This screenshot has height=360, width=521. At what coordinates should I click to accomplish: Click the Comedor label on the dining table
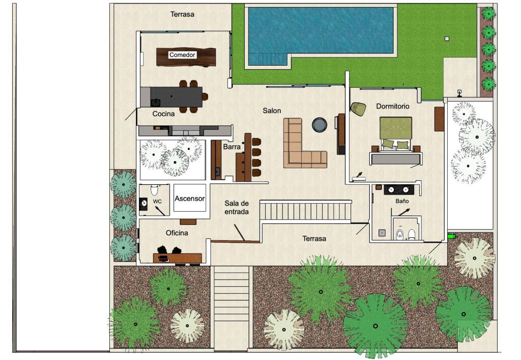point(182,55)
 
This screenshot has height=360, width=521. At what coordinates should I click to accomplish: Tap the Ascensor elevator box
point(190,198)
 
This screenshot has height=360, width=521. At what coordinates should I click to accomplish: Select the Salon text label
point(272,110)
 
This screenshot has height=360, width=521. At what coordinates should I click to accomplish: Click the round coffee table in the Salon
point(320,125)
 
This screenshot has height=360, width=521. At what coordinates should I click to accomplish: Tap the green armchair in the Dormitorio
point(358,109)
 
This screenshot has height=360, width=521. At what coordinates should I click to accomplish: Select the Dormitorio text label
point(392,106)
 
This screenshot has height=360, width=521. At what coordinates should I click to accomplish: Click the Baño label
point(402,201)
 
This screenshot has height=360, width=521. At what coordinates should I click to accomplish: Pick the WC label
point(157,202)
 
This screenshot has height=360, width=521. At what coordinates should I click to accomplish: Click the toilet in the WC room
point(154,190)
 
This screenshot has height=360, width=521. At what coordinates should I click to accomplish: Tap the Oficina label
point(177,233)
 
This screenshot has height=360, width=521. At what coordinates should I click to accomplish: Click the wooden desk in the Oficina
point(178,258)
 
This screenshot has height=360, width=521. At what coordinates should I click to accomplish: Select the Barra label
point(231,147)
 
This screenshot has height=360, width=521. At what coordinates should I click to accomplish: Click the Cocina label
point(163,114)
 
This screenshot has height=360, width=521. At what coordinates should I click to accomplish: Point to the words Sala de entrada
point(237,207)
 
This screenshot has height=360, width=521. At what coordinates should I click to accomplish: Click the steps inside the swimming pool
point(268,59)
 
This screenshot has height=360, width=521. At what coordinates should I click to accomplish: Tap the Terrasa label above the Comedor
point(182,14)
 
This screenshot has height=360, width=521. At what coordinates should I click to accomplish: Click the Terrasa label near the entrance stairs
point(314,239)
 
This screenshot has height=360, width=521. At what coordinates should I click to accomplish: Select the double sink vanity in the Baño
point(399,189)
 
